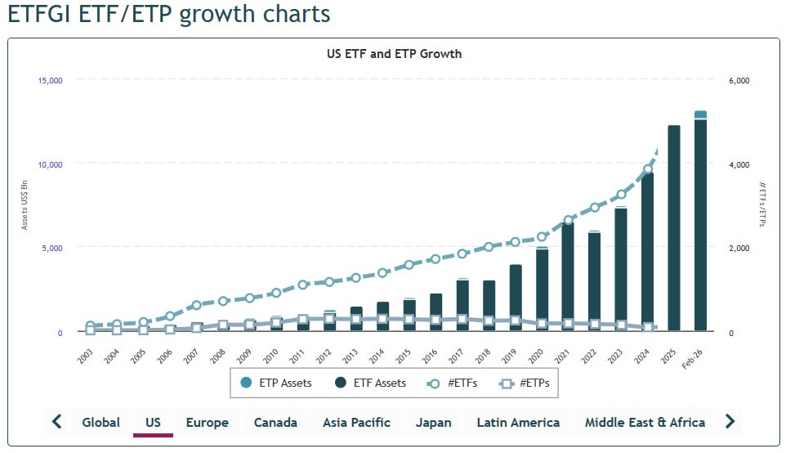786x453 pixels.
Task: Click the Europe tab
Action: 207,422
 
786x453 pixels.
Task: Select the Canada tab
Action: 275,422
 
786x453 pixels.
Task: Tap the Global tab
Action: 100,422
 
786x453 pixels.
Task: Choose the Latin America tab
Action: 518,422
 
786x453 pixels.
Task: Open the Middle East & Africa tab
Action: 645,422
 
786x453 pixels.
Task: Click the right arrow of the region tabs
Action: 730,422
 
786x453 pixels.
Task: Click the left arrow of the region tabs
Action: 57,422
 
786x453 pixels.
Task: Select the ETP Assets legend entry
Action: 276,383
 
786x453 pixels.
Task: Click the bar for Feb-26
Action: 700,225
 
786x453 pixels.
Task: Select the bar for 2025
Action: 674,229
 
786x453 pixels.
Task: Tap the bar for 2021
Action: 568,278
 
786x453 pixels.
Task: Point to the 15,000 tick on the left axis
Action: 50,80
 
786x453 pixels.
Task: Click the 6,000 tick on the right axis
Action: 739,80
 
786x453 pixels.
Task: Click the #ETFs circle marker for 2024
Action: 648,170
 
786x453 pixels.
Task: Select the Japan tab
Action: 433,422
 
